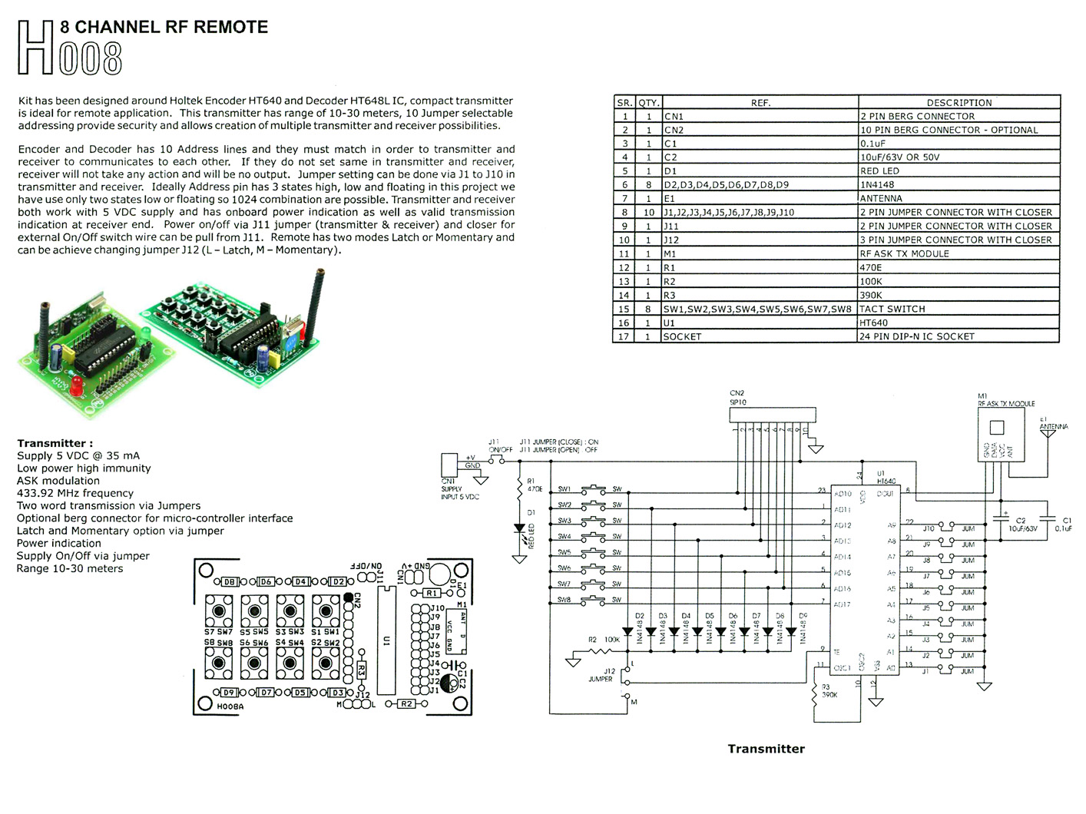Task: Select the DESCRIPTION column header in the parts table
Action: click(959, 102)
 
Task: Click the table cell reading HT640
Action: click(874, 323)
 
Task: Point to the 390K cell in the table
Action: click(871, 295)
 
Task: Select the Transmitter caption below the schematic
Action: click(766, 749)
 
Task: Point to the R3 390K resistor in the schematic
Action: click(815, 693)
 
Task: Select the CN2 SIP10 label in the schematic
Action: click(737, 398)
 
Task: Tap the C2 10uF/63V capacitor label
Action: click(1021, 524)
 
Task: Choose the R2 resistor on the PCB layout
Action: click(406, 703)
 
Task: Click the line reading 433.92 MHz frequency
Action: click(75, 493)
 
